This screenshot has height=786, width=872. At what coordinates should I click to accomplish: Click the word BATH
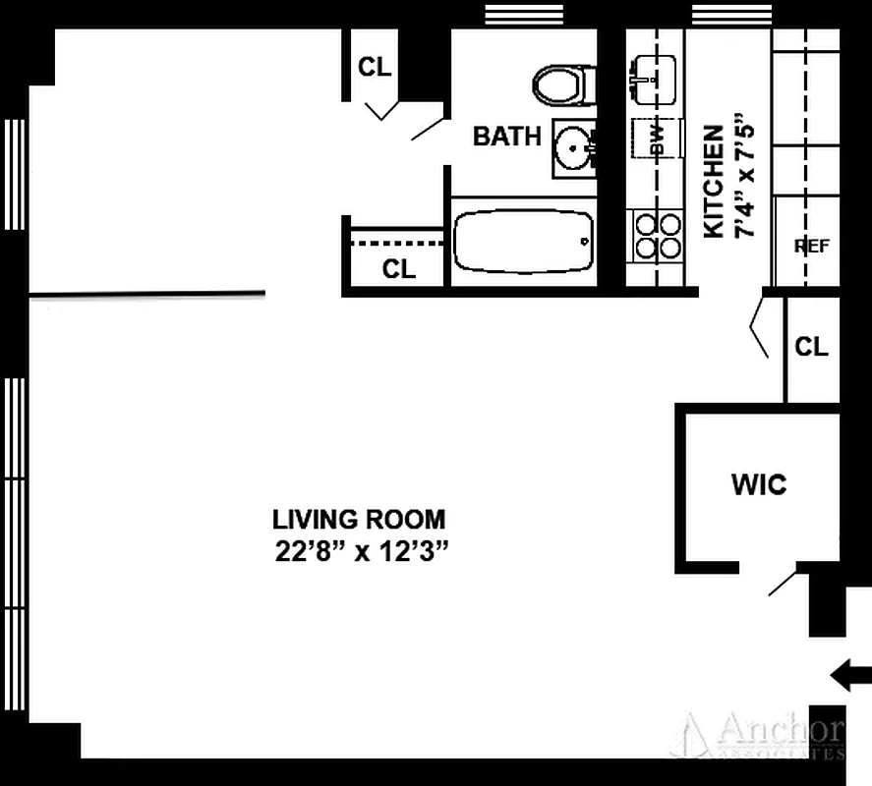tap(506, 136)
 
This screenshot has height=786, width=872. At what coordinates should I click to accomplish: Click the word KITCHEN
tap(715, 181)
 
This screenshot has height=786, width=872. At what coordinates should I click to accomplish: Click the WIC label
tap(759, 484)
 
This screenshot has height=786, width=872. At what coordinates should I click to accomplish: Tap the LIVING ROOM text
tap(358, 519)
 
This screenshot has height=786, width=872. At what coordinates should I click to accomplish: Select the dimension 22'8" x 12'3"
tap(362, 551)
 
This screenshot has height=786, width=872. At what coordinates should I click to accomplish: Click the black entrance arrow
tap(850, 675)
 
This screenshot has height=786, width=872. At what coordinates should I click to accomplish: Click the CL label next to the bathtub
tap(398, 269)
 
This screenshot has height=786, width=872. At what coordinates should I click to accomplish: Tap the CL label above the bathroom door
tap(375, 67)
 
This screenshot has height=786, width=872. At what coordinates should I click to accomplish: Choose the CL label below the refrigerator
tap(811, 346)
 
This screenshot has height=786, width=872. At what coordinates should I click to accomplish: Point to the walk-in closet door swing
tap(784, 581)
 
